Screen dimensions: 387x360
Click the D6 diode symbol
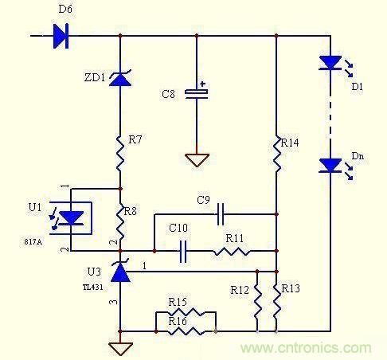pyautogui.click(x=61, y=36)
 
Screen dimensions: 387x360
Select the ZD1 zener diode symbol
pyautogui.click(x=120, y=78)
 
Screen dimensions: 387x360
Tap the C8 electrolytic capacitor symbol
pyautogui.click(x=197, y=93)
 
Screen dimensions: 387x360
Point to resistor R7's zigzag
pyautogui.click(x=120, y=154)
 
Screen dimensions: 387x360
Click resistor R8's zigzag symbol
pyautogui.click(x=120, y=222)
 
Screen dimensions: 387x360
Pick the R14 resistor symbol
pyautogui.click(x=276, y=154)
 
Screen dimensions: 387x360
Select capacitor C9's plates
pyautogui.click(x=221, y=214)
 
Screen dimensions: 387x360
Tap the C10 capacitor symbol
pyautogui.click(x=183, y=251)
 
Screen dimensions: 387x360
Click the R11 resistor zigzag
pyautogui.click(x=232, y=251)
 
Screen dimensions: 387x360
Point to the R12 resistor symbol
pyautogui.click(x=257, y=301)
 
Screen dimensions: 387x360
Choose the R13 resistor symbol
pyautogui.click(x=276, y=301)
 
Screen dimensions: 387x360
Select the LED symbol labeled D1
pyautogui.click(x=330, y=63)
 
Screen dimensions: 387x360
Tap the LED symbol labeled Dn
pyautogui.click(x=330, y=166)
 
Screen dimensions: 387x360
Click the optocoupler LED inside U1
pyautogui.click(x=71, y=218)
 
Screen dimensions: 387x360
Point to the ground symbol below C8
pyautogui.click(x=197, y=160)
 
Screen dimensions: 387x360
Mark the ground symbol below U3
pyautogui.click(x=120, y=349)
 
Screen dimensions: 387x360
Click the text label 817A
pyautogui.click(x=33, y=242)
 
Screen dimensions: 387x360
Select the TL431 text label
pyautogui.click(x=92, y=288)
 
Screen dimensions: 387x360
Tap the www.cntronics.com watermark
pyautogui.click(x=306, y=347)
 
